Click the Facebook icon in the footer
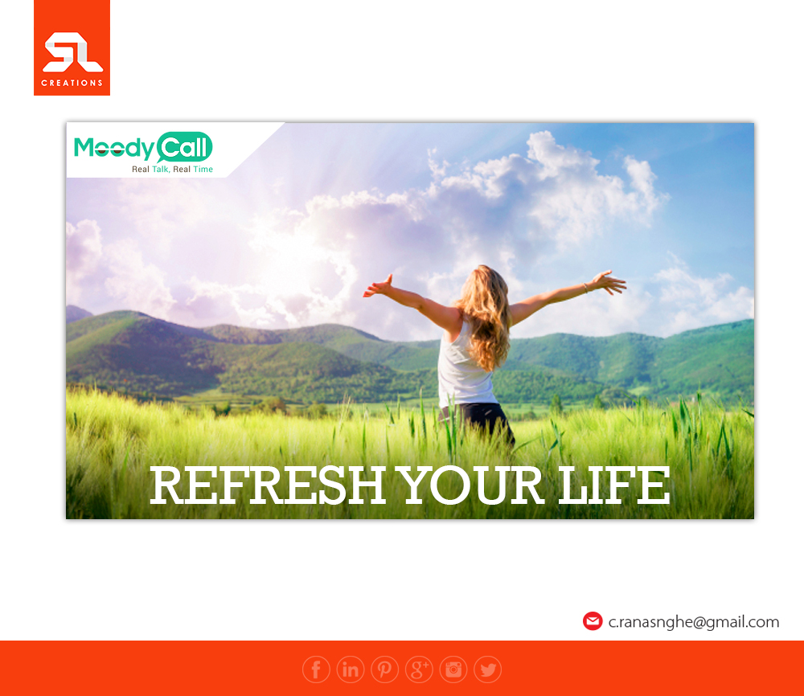click(316, 669)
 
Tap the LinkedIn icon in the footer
click(351, 669)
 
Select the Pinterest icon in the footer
click(384, 669)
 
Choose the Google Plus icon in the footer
click(419, 669)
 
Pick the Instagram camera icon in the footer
click(453, 669)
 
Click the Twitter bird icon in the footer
click(488, 669)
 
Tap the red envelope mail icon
click(593, 621)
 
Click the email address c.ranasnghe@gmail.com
click(693, 622)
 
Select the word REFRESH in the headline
click(268, 485)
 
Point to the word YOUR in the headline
click(471, 485)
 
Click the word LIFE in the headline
click(613, 485)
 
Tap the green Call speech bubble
click(184, 148)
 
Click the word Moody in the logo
click(114, 148)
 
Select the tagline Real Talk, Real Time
click(172, 169)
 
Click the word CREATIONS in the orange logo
click(72, 83)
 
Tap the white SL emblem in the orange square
click(72, 51)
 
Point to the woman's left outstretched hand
click(377, 286)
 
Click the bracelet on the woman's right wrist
click(585, 288)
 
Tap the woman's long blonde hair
click(485, 316)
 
